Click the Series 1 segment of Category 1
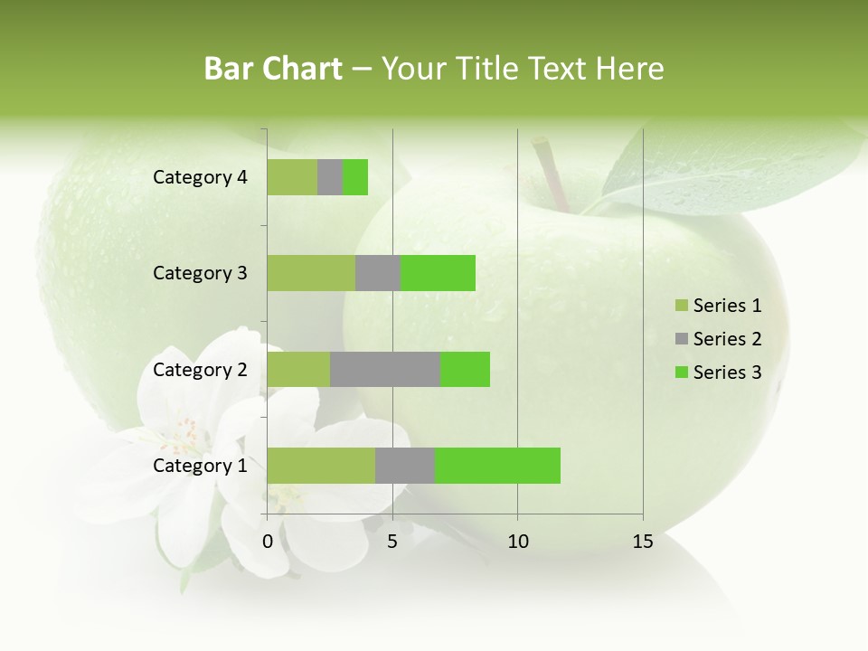320,466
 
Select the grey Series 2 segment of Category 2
384,369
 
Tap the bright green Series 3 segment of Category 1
497,466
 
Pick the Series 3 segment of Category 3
438,273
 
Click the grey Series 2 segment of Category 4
330,177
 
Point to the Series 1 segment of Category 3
310,273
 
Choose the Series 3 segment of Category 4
355,177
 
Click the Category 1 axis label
200,466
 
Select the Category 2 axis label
200,369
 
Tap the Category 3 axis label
200,273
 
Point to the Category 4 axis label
200,177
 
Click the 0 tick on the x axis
268,542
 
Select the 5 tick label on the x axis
392,542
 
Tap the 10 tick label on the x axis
517,542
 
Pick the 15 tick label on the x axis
643,542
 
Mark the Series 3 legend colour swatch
680,373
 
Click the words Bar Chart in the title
273,69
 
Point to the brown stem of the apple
551,172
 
